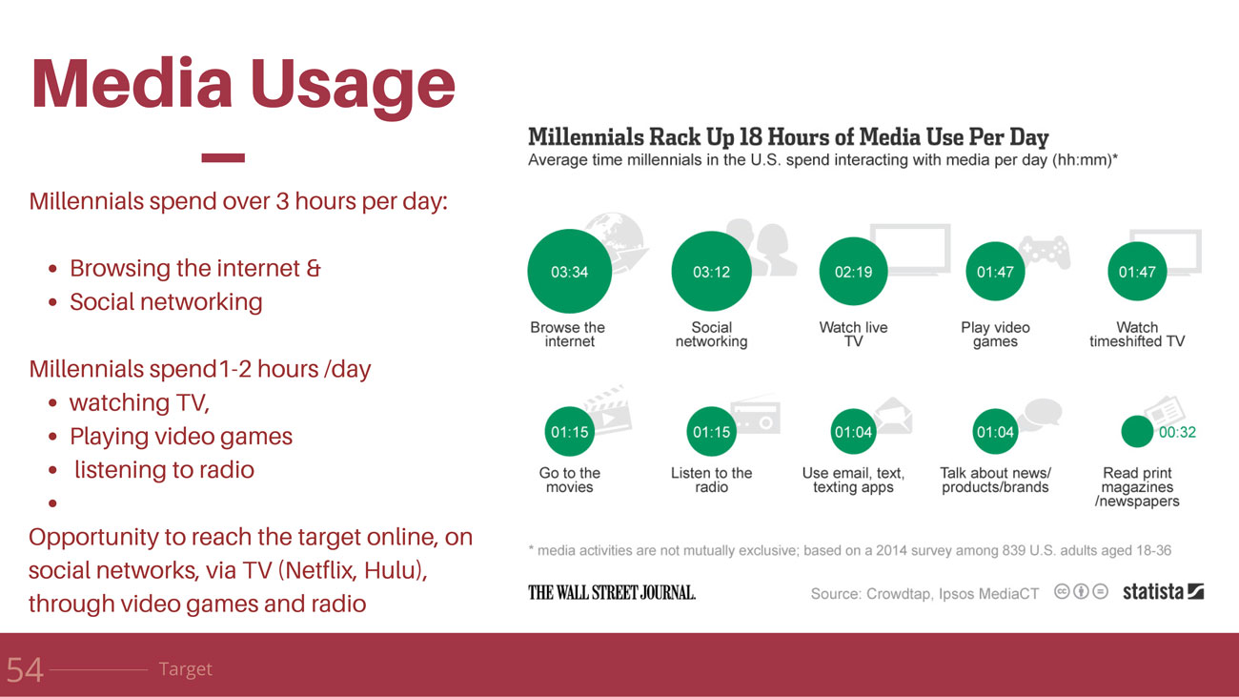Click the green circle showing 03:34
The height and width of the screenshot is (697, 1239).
click(x=570, y=271)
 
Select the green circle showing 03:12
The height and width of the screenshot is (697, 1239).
click(x=711, y=271)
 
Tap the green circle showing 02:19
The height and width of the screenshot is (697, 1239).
click(x=853, y=271)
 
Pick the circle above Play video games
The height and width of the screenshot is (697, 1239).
click(x=995, y=271)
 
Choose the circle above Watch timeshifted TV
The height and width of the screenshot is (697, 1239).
click(x=1137, y=271)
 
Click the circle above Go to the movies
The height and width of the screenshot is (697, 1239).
click(x=570, y=432)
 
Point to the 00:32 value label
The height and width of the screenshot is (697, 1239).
click(x=1177, y=432)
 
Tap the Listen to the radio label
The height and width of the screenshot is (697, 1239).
click(x=711, y=480)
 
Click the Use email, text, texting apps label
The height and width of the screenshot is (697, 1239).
click(x=853, y=480)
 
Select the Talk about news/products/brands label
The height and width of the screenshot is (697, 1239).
click(x=995, y=480)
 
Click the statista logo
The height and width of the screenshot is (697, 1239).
click(x=1163, y=591)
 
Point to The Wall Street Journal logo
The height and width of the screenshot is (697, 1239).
click(x=611, y=592)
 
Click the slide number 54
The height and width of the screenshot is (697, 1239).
click(x=25, y=670)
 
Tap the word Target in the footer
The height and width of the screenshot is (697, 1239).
click(x=185, y=669)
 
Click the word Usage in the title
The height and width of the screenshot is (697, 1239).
click(x=353, y=85)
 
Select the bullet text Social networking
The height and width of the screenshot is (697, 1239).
click(x=166, y=302)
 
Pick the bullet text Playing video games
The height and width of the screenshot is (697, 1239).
click(x=181, y=437)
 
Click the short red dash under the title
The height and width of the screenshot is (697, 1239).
click(x=223, y=157)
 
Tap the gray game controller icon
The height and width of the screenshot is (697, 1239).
click(x=1045, y=252)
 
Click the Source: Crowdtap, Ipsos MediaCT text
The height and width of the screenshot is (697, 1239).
click(x=924, y=594)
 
